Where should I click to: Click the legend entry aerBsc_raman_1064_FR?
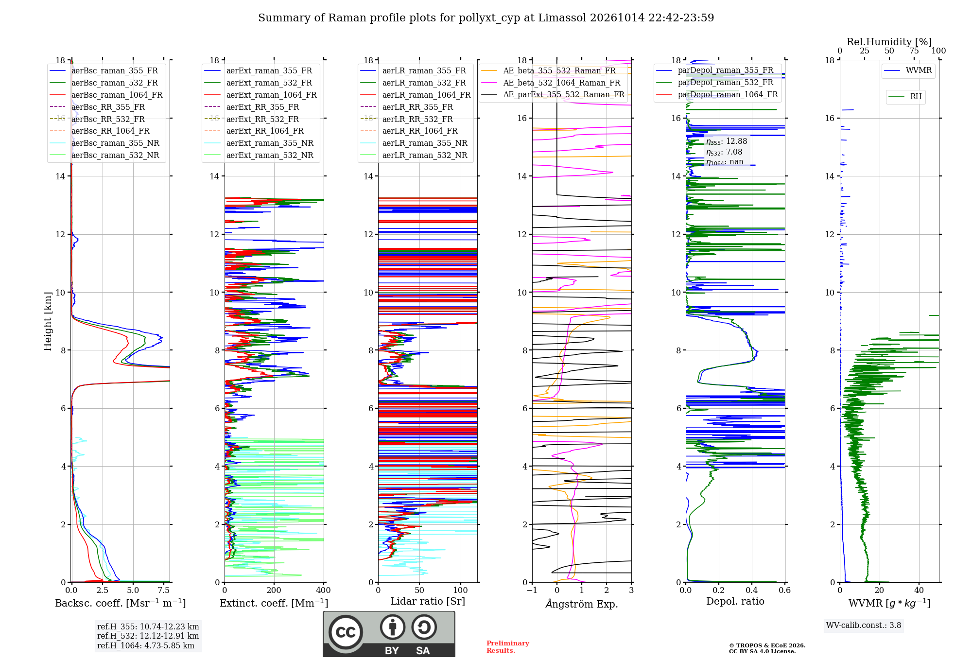coord(106,95)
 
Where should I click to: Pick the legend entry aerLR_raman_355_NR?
coord(414,143)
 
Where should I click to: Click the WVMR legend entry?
coord(908,70)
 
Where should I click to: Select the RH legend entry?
coord(905,97)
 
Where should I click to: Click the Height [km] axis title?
coord(48,321)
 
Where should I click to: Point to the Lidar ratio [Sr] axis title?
coord(428,601)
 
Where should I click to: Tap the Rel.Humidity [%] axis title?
coord(889,42)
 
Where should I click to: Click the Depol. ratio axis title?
coord(735,601)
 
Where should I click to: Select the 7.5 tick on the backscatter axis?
coord(164,590)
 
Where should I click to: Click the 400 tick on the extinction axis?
coord(324,590)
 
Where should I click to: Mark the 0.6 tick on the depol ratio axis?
coord(784,590)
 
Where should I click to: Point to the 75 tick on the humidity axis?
coord(914,51)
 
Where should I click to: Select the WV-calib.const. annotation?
coord(864,626)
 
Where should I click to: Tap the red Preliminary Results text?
coord(508,647)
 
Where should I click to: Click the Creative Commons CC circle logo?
coord(346,632)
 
